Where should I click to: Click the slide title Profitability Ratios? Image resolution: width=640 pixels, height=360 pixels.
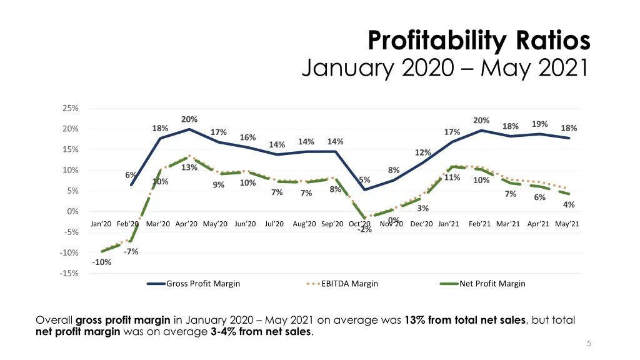coord(479,41)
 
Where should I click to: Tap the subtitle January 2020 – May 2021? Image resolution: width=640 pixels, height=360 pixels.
coord(445,67)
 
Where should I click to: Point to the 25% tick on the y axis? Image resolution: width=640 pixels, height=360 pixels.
coord(71,108)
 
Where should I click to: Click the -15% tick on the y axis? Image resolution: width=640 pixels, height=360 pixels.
coord(70,273)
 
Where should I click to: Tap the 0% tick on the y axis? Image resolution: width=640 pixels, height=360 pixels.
coord(72,211)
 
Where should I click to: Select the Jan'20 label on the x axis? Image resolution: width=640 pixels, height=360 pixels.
coord(101,224)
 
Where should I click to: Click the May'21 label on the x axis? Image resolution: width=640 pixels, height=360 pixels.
coord(567,224)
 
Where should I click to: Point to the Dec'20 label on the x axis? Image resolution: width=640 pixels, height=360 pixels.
coord(421,224)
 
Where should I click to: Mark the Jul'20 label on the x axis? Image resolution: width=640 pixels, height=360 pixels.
coord(274,224)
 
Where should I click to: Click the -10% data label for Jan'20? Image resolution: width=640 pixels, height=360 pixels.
coord(102,262)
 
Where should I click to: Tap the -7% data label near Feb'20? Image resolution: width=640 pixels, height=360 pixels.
coord(131,252)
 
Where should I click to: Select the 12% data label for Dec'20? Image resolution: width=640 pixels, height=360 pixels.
coord(423,153)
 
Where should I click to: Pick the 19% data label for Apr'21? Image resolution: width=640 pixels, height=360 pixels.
coord(540,124)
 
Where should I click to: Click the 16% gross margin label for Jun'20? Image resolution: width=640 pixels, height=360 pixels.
coord(247,137)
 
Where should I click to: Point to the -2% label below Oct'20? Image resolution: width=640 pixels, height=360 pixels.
coord(364,230)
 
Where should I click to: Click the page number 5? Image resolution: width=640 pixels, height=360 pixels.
coord(589,343)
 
